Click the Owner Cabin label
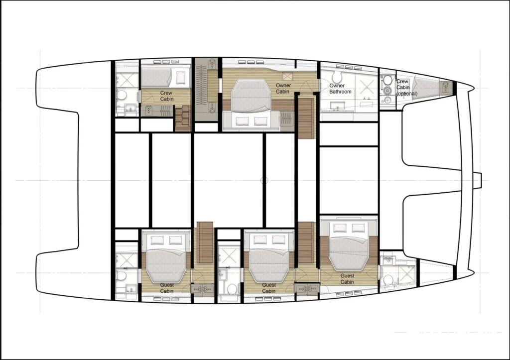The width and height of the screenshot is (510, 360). (x=283, y=88)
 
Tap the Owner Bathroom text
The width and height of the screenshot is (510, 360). (x=340, y=89)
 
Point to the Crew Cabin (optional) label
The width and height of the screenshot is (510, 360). (x=406, y=87)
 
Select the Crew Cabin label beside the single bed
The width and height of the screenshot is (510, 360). (x=166, y=96)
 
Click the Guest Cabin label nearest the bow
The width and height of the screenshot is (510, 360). (x=347, y=279)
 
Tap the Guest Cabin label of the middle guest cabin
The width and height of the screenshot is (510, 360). (x=268, y=288)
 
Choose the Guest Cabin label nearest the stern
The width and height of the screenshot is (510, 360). (x=166, y=288)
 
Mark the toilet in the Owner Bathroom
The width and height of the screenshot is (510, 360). (x=336, y=77)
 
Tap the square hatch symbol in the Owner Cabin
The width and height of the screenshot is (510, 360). (x=287, y=76)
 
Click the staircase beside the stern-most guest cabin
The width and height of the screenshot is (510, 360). (x=205, y=242)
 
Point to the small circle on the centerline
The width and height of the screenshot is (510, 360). (x=264, y=180)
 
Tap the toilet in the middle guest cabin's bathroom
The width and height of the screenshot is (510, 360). (x=232, y=289)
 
